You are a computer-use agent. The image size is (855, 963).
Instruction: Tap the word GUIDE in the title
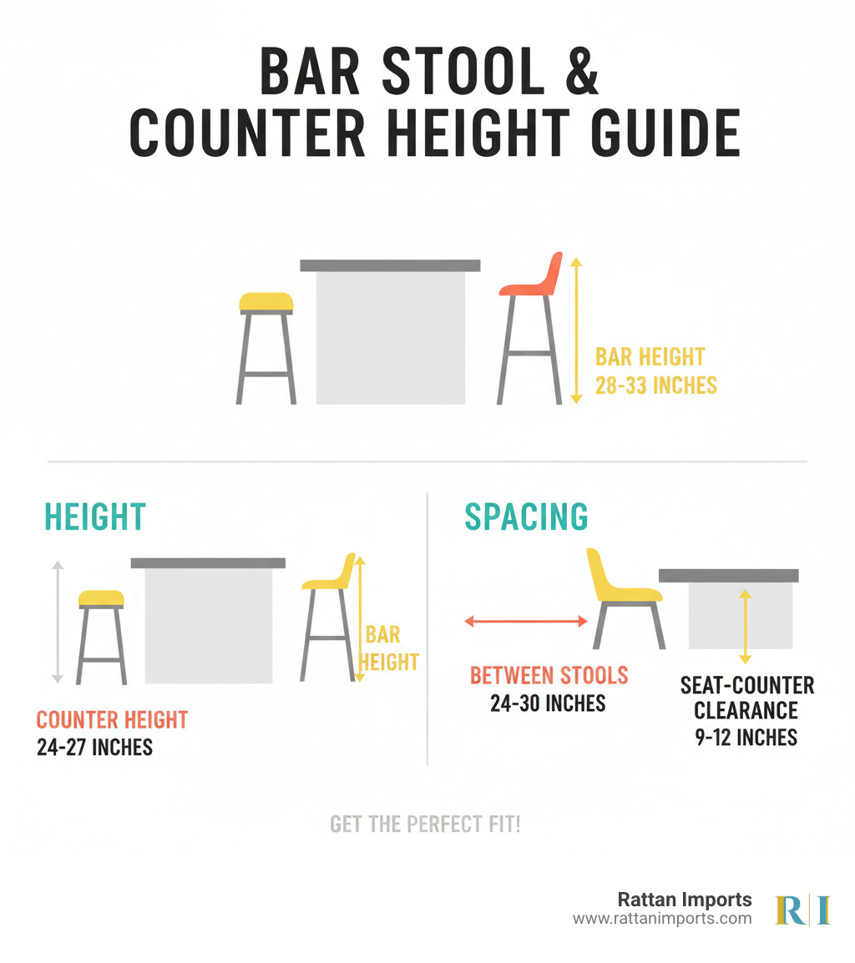tap(665, 134)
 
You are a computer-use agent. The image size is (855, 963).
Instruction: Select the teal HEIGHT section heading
tap(94, 517)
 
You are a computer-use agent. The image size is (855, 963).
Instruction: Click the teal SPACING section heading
tap(526, 517)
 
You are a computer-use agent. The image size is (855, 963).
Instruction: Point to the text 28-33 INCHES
tap(655, 386)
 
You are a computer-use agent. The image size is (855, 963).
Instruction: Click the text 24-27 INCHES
tap(94, 748)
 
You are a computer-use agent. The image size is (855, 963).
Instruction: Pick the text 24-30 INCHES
tap(548, 703)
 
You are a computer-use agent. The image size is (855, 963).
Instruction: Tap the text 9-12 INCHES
tap(746, 737)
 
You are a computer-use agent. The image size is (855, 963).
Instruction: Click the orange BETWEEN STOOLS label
tap(549, 676)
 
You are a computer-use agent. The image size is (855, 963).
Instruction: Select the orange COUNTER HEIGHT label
tap(112, 720)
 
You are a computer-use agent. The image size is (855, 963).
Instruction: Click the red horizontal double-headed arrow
tap(526, 622)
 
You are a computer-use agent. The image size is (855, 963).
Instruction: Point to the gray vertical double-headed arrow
tap(58, 622)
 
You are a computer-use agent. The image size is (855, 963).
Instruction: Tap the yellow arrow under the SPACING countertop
tap(745, 627)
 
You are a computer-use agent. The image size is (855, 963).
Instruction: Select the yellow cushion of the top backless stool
tap(266, 301)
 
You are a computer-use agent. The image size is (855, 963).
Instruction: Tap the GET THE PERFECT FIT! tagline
tap(425, 824)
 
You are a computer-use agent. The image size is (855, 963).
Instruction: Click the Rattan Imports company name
tap(685, 900)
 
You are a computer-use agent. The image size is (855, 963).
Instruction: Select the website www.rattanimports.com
tap(663, 919)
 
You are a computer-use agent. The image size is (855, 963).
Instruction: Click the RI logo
tap(802, 910)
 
